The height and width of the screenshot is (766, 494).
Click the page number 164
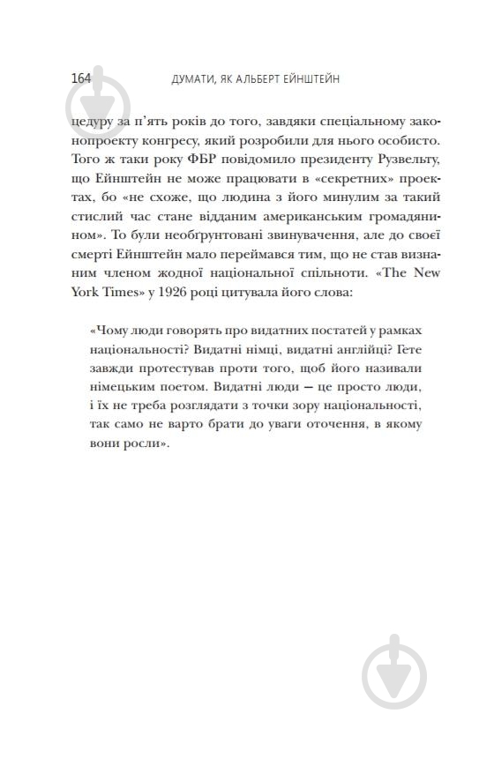pos(81,78)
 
